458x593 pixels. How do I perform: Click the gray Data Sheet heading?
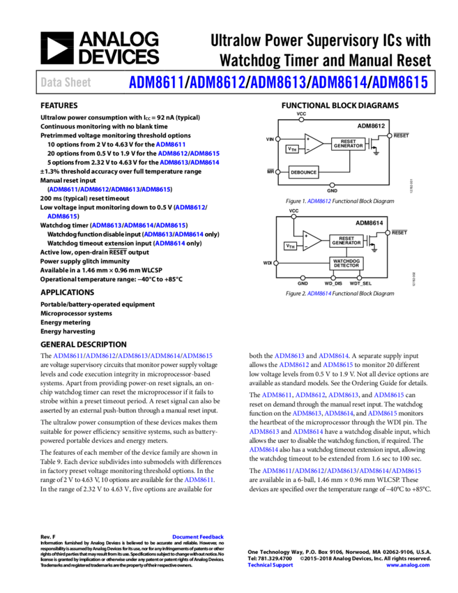(66, 82)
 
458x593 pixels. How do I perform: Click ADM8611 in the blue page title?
(156, 83)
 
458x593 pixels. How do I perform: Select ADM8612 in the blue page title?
(217, 83)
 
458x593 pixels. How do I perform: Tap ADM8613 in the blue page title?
(277, 83)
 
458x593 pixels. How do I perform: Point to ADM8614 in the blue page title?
(339, 83)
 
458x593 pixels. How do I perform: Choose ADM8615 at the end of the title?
(399, 83)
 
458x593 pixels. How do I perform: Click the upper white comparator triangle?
(313, 144)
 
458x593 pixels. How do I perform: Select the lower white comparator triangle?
(312, 241)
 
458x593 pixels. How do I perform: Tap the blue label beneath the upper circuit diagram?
(319, 201)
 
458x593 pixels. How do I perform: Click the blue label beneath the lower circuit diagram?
(319, 294)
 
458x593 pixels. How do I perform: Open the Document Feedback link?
(198, 537)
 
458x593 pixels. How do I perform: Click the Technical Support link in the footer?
(270, 565)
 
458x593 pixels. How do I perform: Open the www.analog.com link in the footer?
(408, 565)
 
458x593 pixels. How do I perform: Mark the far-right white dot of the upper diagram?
(389, 136)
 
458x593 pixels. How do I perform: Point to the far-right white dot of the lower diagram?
(388, 233)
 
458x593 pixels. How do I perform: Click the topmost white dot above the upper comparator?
(301, 119)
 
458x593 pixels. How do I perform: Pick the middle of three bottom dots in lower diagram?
(333, 278)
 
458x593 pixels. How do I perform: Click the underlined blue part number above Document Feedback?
(198, 480)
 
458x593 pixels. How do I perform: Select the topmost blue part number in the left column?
(170, 144)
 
